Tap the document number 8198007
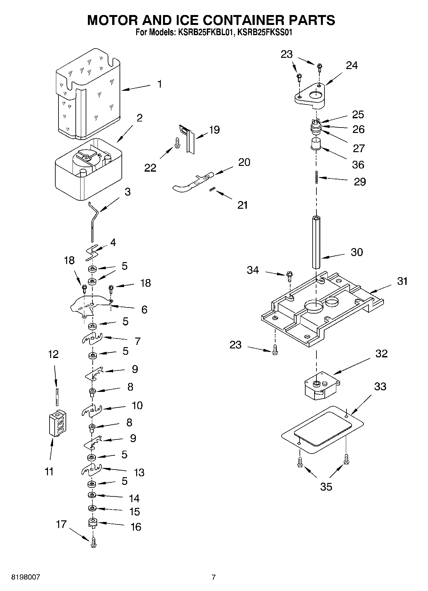click(x=26, y=577)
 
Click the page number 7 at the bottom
click(x=214, y=577)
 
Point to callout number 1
click(x=159, y=84)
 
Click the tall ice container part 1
click(x=89, y=96)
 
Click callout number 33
click(x=380, y=386)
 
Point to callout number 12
click(x=53, y=354)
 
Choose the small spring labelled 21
click(x=211, y=190)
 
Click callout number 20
click(x=244, y=162)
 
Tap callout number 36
click(x=358, y=165)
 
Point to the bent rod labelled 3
click(x=93, y=221)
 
